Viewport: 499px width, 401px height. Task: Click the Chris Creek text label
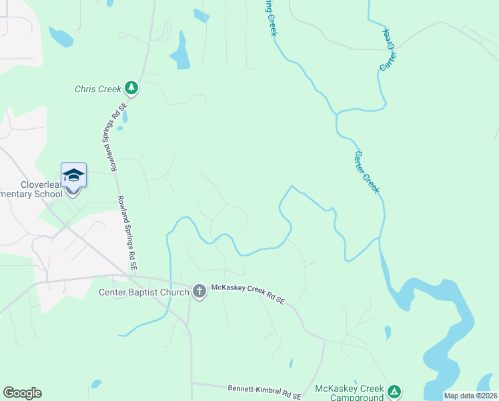click(x=97, y=88)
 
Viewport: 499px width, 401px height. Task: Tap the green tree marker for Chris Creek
click(x=132, y=88)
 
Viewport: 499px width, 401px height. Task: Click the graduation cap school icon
click(x=73, y=176)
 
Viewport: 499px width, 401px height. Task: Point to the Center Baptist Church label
click(x=144, y=292)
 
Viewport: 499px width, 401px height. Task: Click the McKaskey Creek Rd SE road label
click(x=248, y=295)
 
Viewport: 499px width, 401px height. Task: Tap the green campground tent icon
click(x=394, y=391)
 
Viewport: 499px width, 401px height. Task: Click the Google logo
click(x=22, y=393)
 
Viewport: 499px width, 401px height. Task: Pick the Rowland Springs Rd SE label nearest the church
click(x=127, y=232)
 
